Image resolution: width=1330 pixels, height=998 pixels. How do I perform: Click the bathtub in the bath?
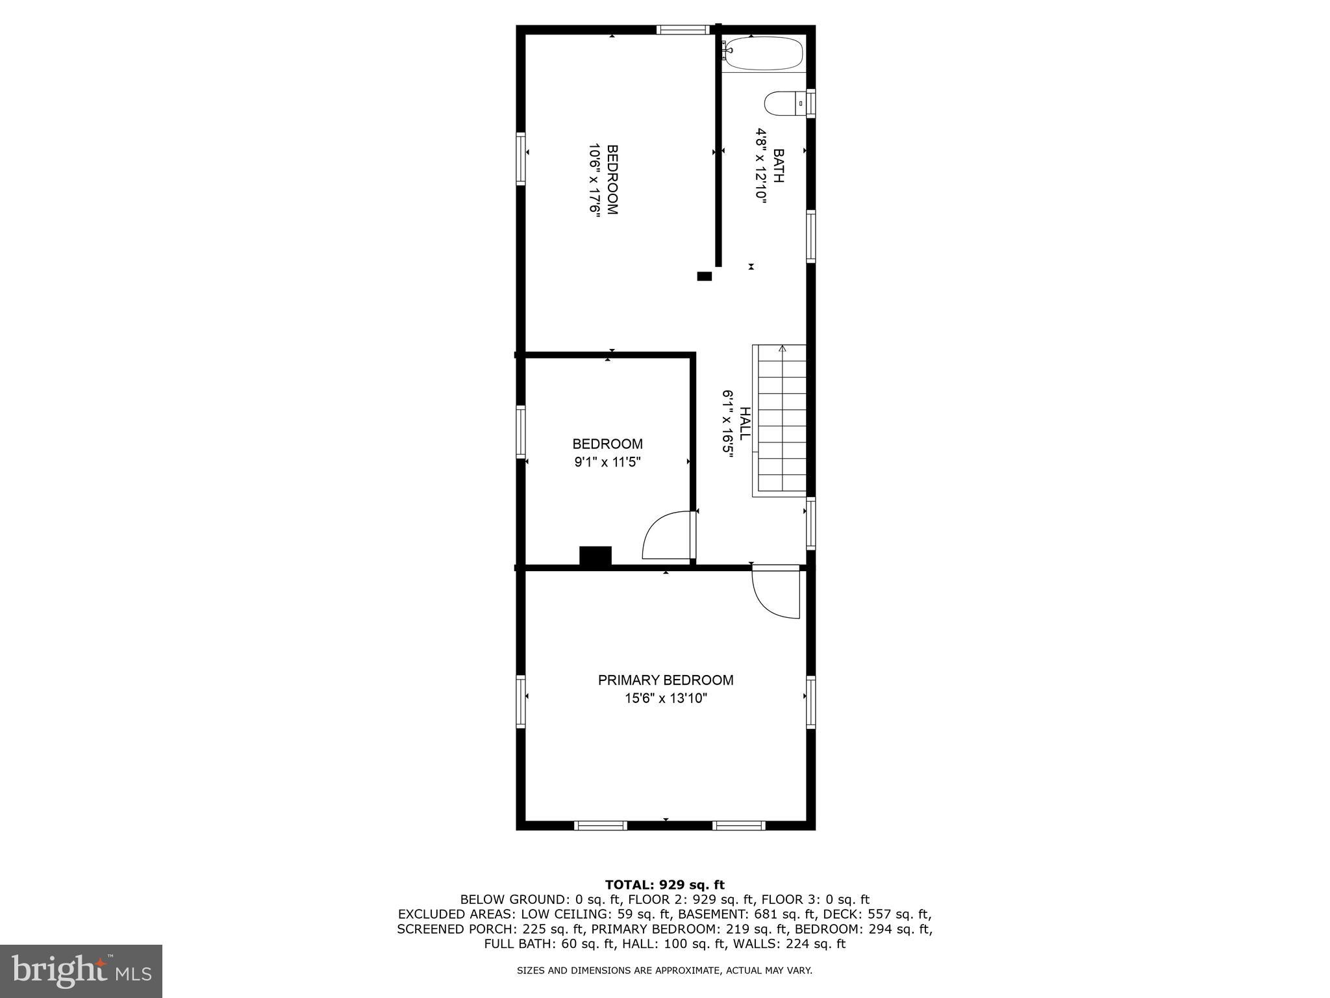pyautogui.click(x=764, y=53)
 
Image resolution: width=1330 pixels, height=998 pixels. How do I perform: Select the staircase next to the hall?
pyautogui.click(x=780, y=420)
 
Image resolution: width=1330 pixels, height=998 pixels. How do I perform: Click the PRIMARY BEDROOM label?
pyautogui.click(x=666, y=680)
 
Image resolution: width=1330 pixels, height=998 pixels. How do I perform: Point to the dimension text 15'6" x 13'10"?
pyautogui.click(x=666, y=699)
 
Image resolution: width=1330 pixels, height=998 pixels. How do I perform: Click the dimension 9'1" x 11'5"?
pyautogui.click(x=607, y=463)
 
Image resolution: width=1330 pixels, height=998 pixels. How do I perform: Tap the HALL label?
pyautogui.click(x=746, y=423)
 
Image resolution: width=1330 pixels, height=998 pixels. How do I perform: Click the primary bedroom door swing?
pyautogui.click(x=776, y=591)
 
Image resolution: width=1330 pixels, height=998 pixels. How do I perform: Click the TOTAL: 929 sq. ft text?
pyautogui.click(x=664, y=884)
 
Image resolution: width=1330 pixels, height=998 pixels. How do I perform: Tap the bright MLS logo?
pyautogui.click(x=81, y=971)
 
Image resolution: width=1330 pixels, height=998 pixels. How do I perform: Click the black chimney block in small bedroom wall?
pyautogui.click(x=596, y=556)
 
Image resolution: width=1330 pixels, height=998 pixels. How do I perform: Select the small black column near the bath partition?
pyautogui.click(x=704, y=276)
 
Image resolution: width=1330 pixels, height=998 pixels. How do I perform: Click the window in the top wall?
pyautogui.click(x=683, y=29)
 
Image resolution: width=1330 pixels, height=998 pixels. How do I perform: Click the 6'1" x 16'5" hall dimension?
pyautogui.click(x=728, y=424)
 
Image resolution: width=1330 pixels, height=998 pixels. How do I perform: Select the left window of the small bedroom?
pyautogui.click(x=521, y=432)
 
